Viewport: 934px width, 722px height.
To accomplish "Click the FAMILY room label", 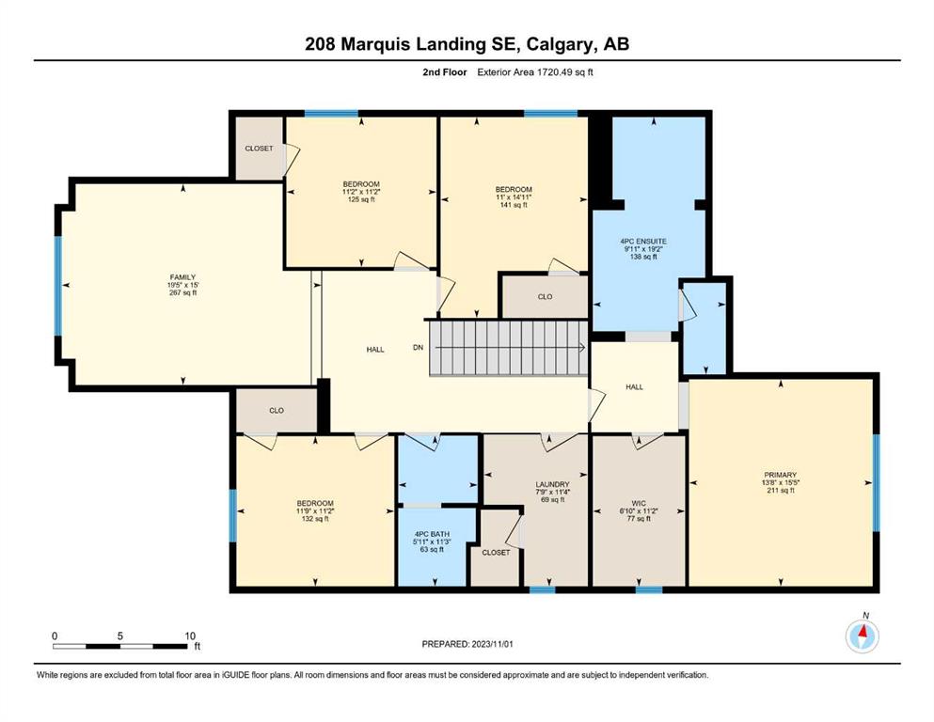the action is tap(182, 277).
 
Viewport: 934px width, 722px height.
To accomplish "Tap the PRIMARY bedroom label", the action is tap(780, 475).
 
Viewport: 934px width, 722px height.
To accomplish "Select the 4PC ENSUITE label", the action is tap(643, 242).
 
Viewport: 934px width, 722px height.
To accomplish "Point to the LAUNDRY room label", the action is tap(552, 484).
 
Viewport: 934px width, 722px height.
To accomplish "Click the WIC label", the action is tap(639, 504).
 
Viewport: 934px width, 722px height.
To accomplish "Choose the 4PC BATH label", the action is tap(432, 535).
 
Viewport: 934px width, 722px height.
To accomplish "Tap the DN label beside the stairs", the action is tap(419, 348).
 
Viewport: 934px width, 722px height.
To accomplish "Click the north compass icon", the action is tap(862, 636).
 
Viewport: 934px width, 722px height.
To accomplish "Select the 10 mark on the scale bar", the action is tap(190, 636).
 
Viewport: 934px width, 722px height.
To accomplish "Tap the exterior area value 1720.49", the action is tap(555, 72).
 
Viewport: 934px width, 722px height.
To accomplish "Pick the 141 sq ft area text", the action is tap(514, 205).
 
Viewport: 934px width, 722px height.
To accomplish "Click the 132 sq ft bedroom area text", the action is tap(315, 519).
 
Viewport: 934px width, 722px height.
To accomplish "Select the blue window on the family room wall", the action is tap(58, 286).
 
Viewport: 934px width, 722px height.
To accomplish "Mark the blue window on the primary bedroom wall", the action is tap(877, 482).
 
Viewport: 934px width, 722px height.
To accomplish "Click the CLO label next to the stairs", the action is tap(545, 296).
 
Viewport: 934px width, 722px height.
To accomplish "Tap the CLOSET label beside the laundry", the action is tap(497, 553).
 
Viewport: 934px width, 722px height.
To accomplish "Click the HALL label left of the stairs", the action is tap(375, 350).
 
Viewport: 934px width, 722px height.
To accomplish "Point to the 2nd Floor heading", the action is tap(445, 72).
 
